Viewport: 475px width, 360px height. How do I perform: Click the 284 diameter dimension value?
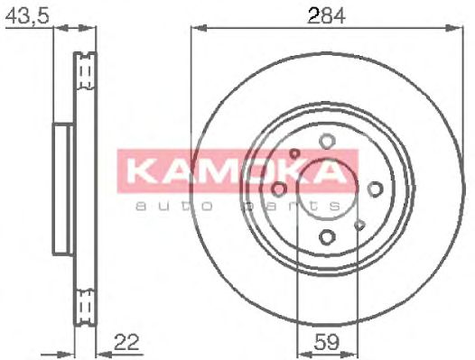coord(326,15)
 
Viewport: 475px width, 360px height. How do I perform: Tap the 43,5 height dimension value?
coord(27,15)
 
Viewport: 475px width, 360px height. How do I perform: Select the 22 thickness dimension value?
coord(126,342)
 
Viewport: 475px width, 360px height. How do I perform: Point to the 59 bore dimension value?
coord(327,343)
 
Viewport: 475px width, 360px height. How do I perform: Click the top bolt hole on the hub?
coord(327,141)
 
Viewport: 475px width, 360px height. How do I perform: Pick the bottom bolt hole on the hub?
coord(327,236)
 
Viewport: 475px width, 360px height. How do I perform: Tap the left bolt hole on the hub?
coord(279,189)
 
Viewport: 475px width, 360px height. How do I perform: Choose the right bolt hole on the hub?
coord(375,189)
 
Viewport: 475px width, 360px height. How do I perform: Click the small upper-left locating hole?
coord(293,153)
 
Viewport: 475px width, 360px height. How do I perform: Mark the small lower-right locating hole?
coord(360,225)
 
